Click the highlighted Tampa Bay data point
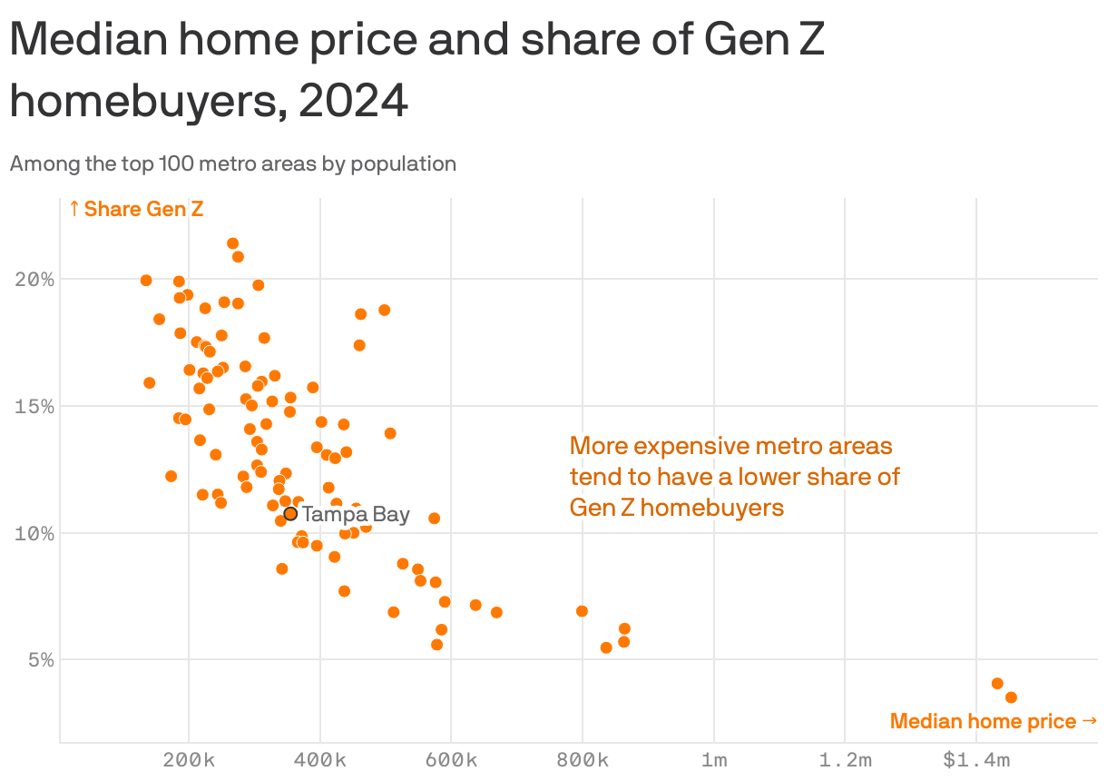click(x=290, y=514)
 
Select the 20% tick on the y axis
click(x=34, y=279)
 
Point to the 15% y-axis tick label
click(x=34, y=406)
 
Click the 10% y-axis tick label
click(x=34, y=533)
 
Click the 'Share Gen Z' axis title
click(x=136, y=210)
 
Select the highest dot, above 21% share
click(x=232, y=243)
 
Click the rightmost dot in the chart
click(x=1011, y=697)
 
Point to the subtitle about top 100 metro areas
click(x=232, y=164)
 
